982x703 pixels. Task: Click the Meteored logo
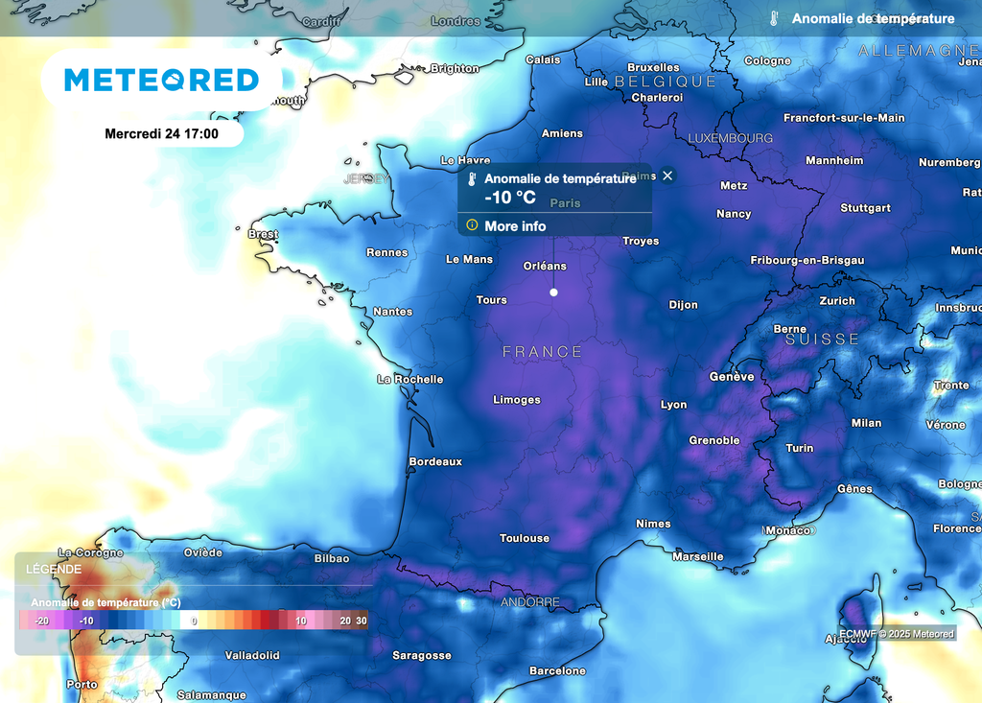[x=161, y=80]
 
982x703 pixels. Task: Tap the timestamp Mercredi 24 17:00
[x=161, y=133]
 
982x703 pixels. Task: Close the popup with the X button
[x=667, y=176]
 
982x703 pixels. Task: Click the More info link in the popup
[x=515, y=226]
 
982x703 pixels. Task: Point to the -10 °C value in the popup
[x=510, y=198]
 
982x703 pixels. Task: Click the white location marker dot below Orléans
[x=553, y=293]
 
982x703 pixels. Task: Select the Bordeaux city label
[x=435, y=461]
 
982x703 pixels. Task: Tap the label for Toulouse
[x=525, y=538]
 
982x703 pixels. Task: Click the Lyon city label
[x=673, y=405]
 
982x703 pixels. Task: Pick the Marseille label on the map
[x=698, y=556]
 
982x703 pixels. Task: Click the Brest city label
[x=263, y=234]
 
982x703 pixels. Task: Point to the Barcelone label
[x=557, y=670]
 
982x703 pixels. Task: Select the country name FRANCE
[x=542, y=352]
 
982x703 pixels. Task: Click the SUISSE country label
[x=823, y=340]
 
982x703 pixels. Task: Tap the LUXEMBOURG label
[x=731, y=138]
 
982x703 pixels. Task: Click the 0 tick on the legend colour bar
[x=194, y=621]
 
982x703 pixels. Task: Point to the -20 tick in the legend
[x=41, y=621]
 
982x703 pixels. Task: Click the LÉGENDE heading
[x=54, y=569]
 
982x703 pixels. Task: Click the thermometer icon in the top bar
[x=773, y=18]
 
